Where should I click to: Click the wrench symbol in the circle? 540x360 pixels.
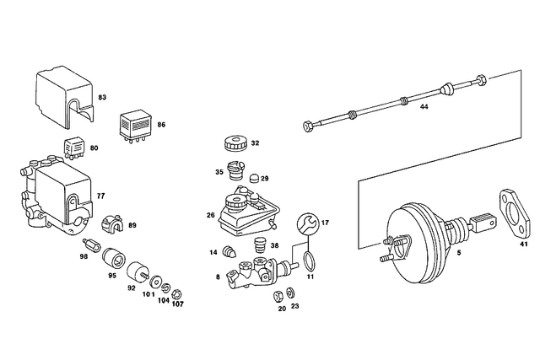(x=307, y=223)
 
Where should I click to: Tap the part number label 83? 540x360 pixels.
(x=102, y=98)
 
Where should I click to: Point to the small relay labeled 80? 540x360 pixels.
(x=74, y=148)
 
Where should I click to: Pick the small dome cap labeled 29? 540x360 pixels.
(x=254, y=179)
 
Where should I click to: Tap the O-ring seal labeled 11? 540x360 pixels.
(x=309, y=261)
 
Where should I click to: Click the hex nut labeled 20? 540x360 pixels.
(x=278, y=296)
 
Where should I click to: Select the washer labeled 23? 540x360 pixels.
(x=290, y=293)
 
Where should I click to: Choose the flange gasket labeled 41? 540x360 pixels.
(x=514, y=213)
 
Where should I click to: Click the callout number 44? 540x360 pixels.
(x=424, y=107)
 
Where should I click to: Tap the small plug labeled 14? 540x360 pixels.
(x=229, y=251)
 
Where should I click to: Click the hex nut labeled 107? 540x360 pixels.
(x=177, y=294)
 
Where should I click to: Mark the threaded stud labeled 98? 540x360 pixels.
(x=91, y=244)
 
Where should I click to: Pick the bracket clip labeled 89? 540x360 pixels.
(x=112, y=223)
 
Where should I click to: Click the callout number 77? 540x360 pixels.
(x=100, y=196)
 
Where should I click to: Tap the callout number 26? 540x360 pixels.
(x=211, y=216)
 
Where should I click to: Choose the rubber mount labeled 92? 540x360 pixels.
(x=138, y=271)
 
